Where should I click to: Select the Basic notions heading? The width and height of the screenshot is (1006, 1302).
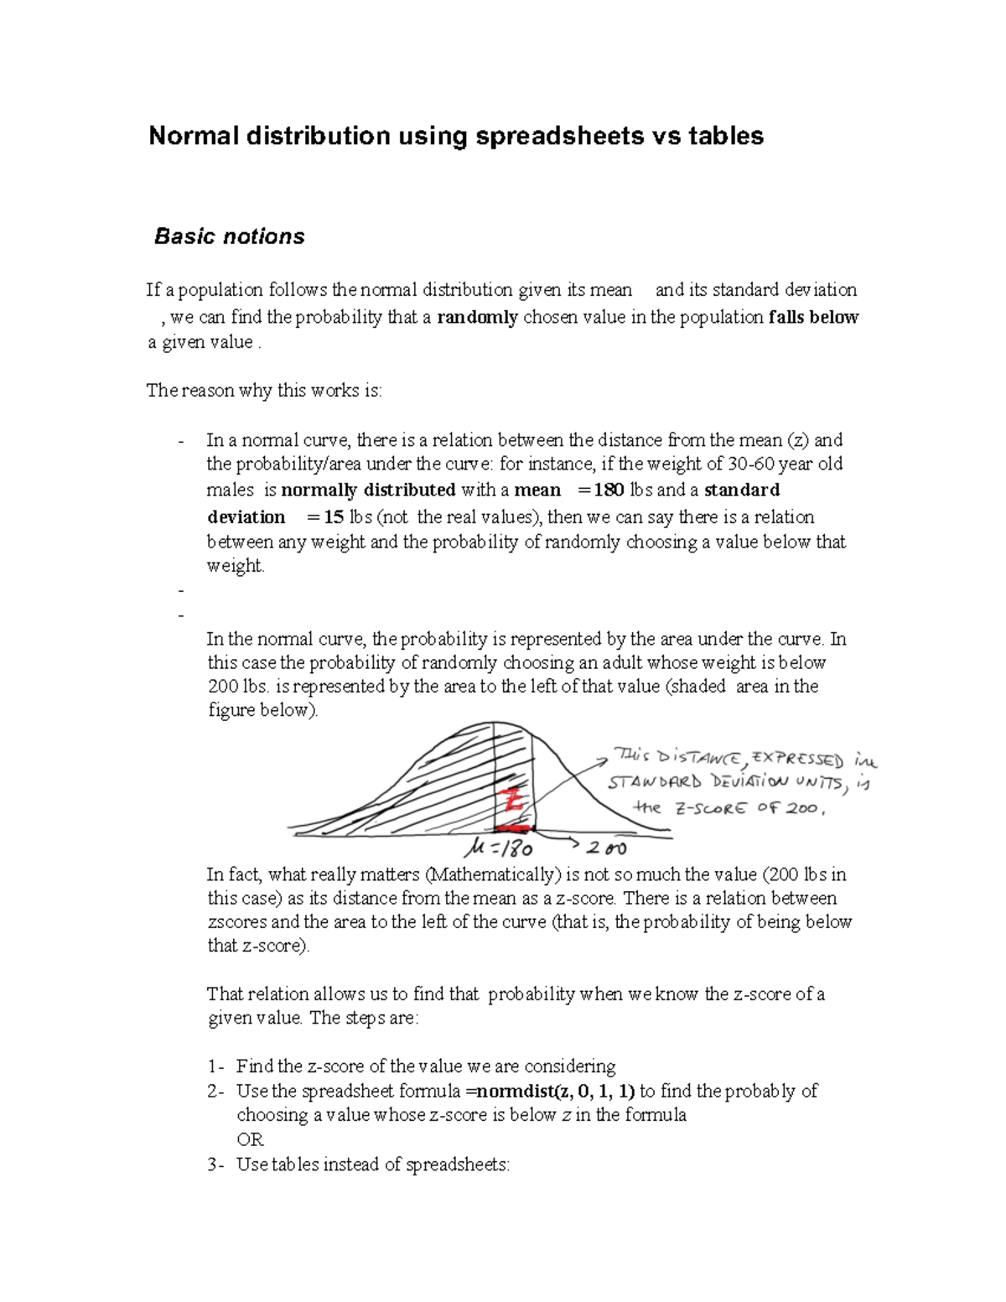coord(229,236)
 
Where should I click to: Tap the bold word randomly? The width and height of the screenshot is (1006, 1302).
coord(477,317)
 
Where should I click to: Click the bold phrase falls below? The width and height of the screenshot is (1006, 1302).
coord(813,317)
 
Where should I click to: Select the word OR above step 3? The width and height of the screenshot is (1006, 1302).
coord(250,1139)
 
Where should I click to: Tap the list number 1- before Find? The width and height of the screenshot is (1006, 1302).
coord(215,1066)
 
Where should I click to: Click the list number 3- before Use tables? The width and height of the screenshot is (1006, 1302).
coord(215,1165)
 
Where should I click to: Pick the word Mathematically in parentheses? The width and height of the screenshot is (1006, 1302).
coord(493,874)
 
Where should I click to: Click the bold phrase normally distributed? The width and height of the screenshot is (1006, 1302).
coord(368,490)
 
